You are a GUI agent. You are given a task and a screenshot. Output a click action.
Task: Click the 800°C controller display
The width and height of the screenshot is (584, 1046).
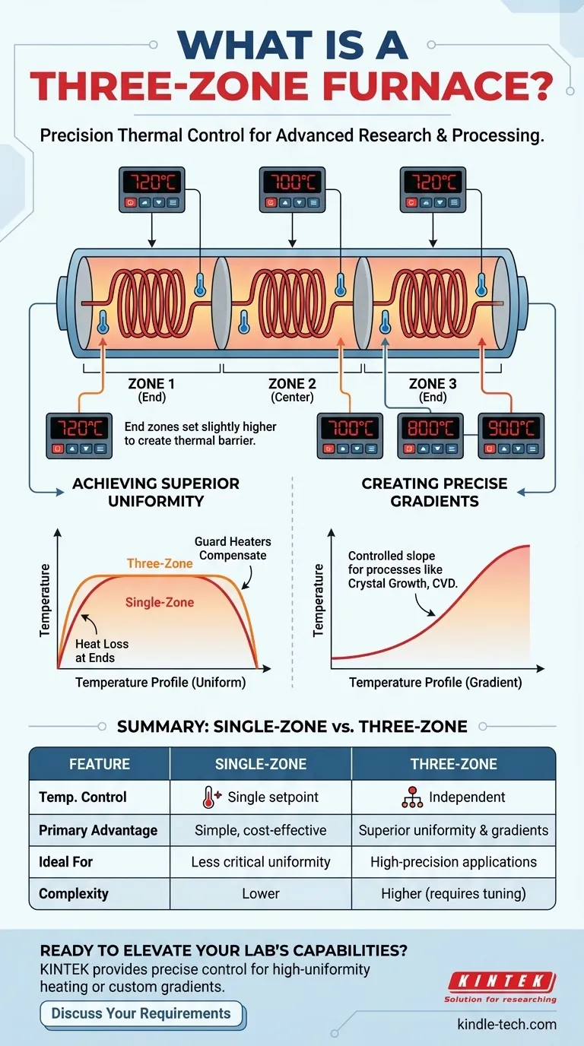(430, 429)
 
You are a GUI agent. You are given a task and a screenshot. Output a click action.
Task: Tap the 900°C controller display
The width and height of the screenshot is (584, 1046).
(510, 429)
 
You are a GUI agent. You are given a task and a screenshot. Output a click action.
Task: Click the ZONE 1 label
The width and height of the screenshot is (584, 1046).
(151, 384)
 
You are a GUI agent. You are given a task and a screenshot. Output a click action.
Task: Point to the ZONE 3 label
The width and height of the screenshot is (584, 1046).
(433, 384)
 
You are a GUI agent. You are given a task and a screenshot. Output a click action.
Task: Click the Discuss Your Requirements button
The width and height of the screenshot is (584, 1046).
(141, 1013)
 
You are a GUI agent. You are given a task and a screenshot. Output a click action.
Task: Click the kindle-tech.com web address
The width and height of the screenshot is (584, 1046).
(506, 1024)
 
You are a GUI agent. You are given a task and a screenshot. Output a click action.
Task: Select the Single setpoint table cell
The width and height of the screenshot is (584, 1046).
(261, 797)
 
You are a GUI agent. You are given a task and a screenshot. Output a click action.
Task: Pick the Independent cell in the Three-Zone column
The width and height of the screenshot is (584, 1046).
(453, 797)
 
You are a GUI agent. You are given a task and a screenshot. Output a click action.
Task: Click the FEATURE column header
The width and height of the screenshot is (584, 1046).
(100, 764)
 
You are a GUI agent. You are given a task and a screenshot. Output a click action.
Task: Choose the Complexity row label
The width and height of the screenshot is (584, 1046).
(74, 894)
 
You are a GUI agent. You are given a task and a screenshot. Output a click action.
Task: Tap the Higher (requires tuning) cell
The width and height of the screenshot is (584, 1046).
(453, 894)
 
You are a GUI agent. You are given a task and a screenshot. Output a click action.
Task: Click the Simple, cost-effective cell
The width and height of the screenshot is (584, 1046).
(261, 830)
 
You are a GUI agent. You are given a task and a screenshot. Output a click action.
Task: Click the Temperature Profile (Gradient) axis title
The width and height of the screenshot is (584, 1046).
(435, 683)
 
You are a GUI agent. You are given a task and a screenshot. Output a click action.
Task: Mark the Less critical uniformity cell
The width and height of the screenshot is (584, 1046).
(261, 862)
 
